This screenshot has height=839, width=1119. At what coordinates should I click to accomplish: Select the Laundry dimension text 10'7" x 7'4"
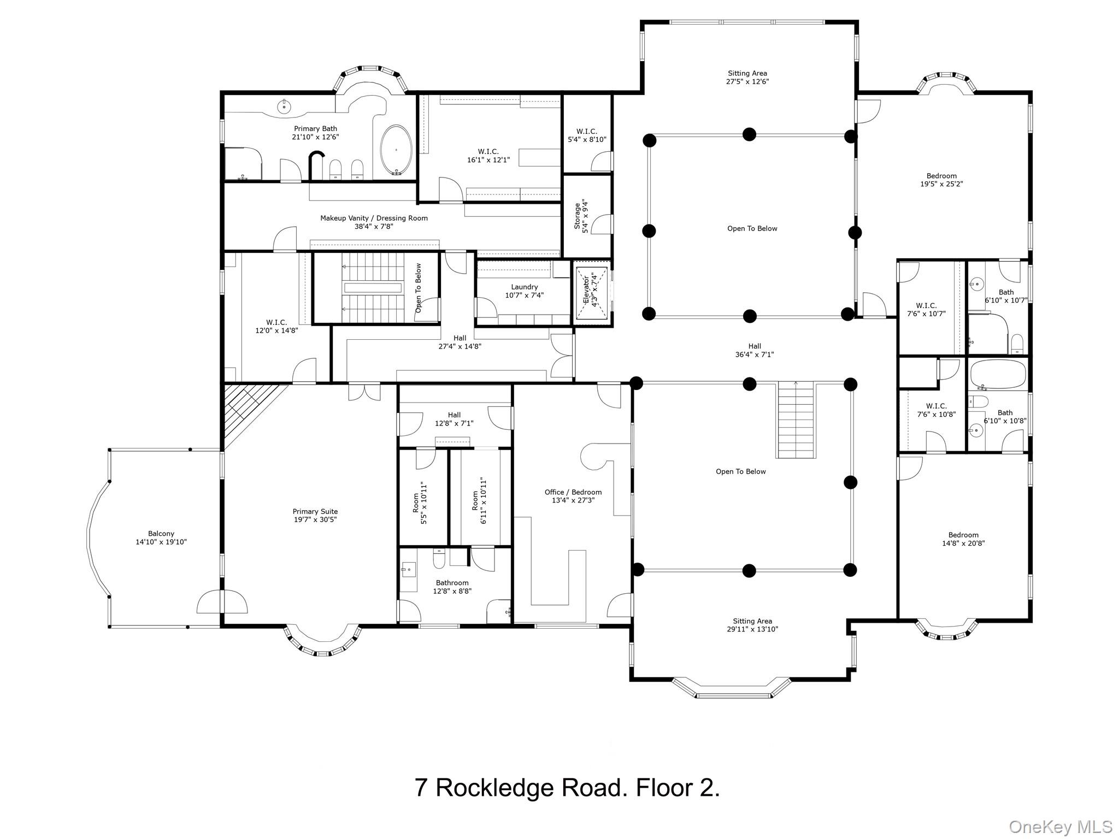[524, 296]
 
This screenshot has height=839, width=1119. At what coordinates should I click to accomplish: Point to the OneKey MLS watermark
[1060, 826]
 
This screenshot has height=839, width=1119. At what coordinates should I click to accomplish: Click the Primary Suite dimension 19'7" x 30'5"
[315, 520]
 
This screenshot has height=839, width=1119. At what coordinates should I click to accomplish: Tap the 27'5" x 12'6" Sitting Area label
[747, 78]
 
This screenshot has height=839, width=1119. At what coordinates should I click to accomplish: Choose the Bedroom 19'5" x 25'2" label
[941, 180]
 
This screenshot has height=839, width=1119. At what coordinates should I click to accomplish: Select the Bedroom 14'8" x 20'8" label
[963, 539]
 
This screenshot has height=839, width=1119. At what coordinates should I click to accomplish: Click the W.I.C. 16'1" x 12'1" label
[488, 156]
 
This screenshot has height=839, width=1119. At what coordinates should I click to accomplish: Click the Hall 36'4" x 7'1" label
[755, 350]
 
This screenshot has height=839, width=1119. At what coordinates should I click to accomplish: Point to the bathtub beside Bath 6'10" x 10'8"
[998, 374]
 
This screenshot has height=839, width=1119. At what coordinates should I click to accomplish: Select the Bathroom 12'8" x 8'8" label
[452, 587]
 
